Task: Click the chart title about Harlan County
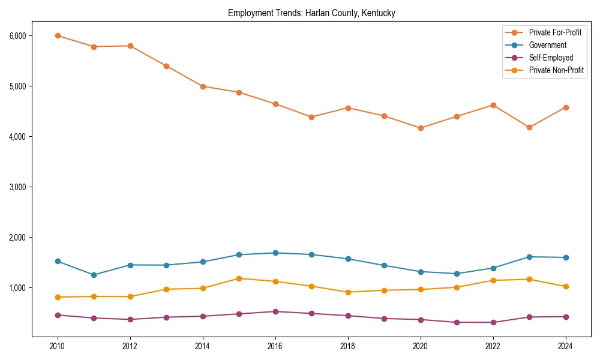click(311, 13)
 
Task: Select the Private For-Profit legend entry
click(555, 32)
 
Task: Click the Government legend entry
click(547, 45)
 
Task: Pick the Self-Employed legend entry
click(551, 58)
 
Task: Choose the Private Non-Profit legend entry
click(556, 70)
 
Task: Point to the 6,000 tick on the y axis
click(17, 36)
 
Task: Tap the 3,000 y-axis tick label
click(17, 187)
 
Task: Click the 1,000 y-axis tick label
click(17, 288)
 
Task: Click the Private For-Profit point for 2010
click(58, 35)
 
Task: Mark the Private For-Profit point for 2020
click(421, 128)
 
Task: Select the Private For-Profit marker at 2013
click(166, 66)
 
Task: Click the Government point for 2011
click(94, 275)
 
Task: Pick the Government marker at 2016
click(275, 253)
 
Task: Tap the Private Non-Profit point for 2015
click(239, 278)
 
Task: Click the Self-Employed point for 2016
click(275, 311)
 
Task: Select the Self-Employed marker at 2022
click(493, 322)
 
